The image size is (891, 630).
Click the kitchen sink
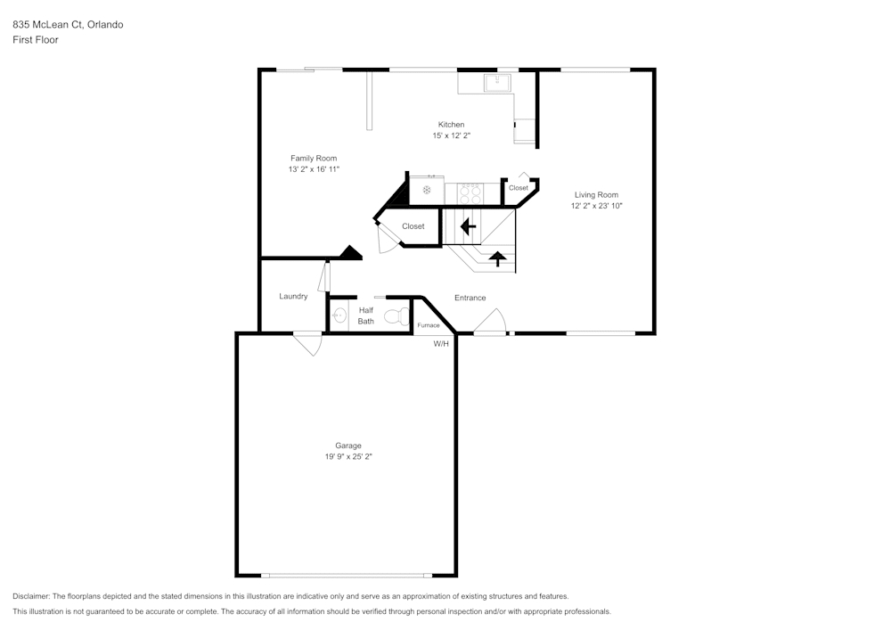pyautogui.click(x=496, y=83)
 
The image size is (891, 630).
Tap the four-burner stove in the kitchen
pyautogui.click(x=470, y=191)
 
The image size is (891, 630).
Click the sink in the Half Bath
pyautogui.click(x=339, y=315)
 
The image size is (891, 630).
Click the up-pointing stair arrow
pyautogui.click(x=498, y=259)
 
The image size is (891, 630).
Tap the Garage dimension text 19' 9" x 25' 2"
pyautogui.click(x=348, y=457)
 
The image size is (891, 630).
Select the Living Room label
pyautogui.click(x=596, y=194)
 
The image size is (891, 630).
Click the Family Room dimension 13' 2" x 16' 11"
pyautogui.click(x=314, y=169)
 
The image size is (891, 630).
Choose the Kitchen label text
pyautogui.click(x=451, y=124)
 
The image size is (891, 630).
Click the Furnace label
pyautogui.click(x=429, y=325)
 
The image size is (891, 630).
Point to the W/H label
pyautogui.click(x=441, y=344)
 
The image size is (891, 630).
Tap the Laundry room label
pyautogui.click(x=293, y=296)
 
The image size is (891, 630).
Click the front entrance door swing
pyautogui.click(x=490, y=323)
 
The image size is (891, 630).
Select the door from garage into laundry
pyautogui.click(x=308, y=343)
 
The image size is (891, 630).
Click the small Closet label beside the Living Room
pyautogui.click(x=519, y=188)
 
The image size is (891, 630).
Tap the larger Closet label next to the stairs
pyautogui.click(x=413, y=226)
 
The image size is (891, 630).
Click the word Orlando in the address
pyautogui.click(x=105, y=24)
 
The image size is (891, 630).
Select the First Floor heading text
pyautogui.click(x=36, y=40)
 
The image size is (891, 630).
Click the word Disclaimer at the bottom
pyautogui.click(x=31, y=596)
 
